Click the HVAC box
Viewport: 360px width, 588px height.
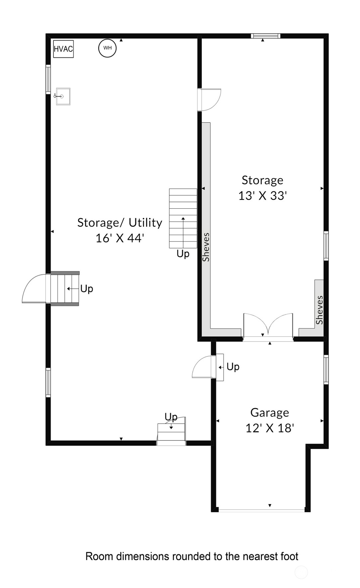pos(63,49)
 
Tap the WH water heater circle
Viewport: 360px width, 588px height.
pos(107,48)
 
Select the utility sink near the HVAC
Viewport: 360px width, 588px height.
pos(63,96)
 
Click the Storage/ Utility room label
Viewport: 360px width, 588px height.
pos(120,223)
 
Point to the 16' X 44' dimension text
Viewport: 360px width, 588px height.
pos(120,238)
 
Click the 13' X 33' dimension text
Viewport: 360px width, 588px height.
pos(262,196)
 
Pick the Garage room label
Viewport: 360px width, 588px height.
pos(269,413)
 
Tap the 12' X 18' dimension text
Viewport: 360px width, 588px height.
pos(270,428)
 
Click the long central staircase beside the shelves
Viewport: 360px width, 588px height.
pos(183,218)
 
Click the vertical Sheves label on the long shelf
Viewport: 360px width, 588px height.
pos(206,247)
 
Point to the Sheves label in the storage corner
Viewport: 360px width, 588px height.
pos(319,310)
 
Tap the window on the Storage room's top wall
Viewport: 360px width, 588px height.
pos(265,36)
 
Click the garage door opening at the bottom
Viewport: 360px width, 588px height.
pos(261,510)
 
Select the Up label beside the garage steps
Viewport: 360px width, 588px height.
pos(233,367)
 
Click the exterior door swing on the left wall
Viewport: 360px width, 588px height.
pos(34,288)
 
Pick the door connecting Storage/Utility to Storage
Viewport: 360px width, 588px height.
pos(209,99)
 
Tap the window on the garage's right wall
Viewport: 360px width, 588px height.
pos(326,369)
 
